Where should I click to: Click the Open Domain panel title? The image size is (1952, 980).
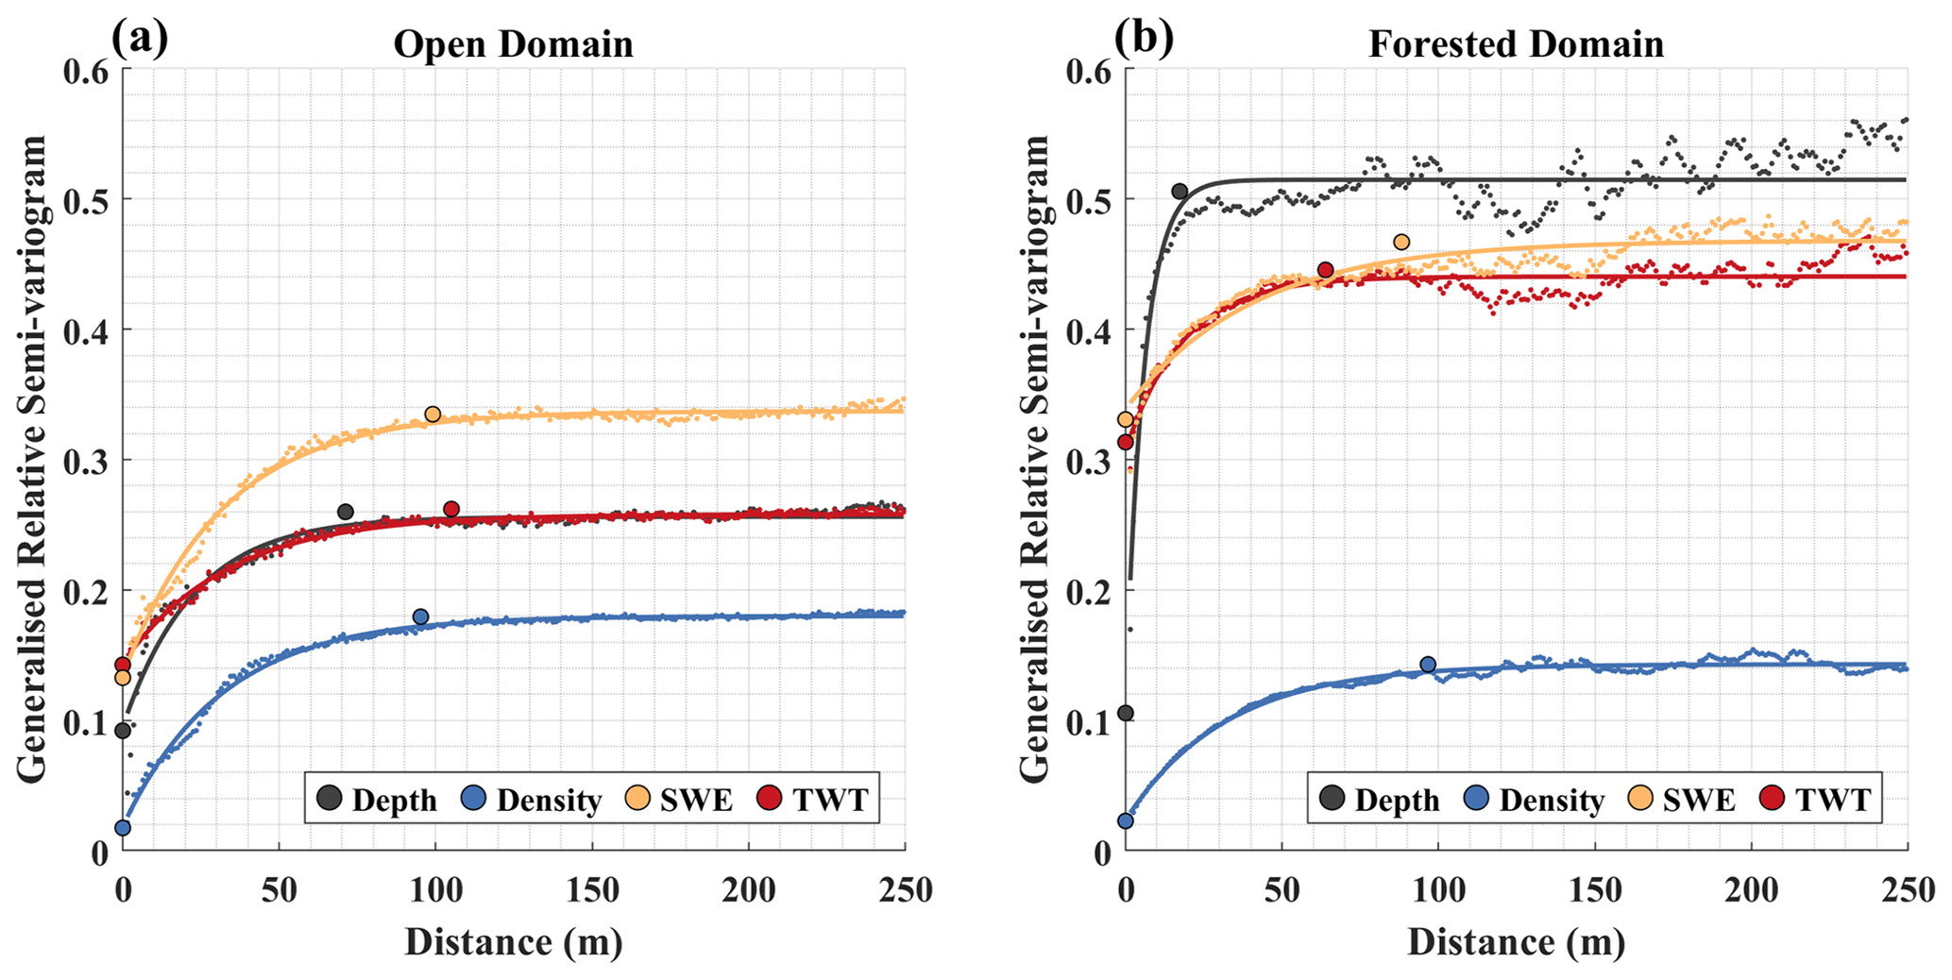click(x=513, y=44)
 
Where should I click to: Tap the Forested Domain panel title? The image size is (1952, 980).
click(x=1516, y=44)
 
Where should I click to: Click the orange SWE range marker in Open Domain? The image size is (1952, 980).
click(x=433, y=414)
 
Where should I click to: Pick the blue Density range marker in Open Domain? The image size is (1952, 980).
click(x=420, y=617)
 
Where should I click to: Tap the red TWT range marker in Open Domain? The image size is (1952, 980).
click(x=451, y=510)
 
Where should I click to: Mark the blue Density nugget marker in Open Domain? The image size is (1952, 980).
click(x=123, y=828)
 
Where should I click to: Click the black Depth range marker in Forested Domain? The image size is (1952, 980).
click(x=1180, y=192)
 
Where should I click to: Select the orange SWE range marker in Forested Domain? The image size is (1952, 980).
click(x=1401, y=243)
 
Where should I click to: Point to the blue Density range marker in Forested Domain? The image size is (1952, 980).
click(x=1428, y=665)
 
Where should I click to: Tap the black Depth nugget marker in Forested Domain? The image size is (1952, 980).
click(x=1126, y=713)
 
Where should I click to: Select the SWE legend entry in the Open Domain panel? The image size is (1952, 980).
click(x=679, y=800)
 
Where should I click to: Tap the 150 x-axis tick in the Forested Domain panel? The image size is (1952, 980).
click(x=1594, y=890)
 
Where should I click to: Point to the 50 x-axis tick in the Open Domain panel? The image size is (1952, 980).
click(x=279, y=890)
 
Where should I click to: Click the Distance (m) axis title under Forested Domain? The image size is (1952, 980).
click(x=1516, y=941)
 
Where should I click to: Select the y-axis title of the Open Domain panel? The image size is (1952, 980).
click(x=33, y=459)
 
